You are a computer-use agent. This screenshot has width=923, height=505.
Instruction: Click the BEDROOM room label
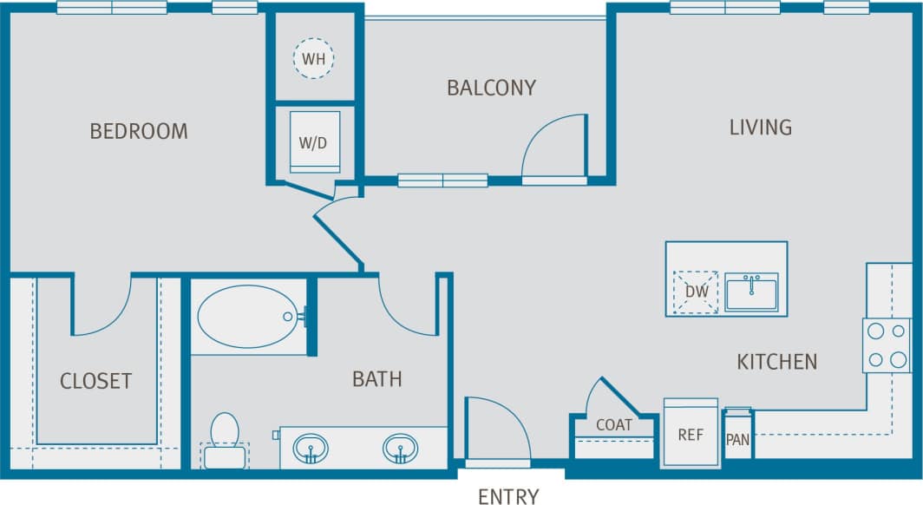[139, 131]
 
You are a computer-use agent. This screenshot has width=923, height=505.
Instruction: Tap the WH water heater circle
[313, 59]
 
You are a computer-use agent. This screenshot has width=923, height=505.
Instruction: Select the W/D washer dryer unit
[313, 141]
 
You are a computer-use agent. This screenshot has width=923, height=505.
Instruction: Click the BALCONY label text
[491, 88]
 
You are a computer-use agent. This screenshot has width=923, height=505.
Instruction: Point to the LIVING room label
[760, 128]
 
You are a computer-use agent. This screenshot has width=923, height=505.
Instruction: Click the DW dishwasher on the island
[697, 292]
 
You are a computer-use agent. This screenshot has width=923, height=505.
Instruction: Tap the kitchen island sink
[752, 291]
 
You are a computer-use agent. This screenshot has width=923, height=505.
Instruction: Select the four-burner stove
[886, 345]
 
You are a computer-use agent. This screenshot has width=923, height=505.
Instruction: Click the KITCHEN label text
[776, 361]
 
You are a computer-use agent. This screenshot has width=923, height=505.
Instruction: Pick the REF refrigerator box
[691, 433]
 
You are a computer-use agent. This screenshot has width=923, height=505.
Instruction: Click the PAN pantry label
[737, 439]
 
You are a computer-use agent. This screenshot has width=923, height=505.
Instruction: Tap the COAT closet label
[613, 425]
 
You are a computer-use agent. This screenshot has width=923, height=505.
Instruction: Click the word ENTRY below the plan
[508, 496]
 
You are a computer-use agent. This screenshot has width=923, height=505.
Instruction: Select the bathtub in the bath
[248, 317]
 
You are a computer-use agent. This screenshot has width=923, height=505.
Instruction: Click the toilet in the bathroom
[225, 438]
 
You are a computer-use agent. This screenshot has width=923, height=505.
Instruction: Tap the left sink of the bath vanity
[311, 449]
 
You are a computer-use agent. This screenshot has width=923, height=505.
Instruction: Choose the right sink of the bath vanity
[400, 449]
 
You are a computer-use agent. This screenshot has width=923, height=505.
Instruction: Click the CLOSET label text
[95, 381]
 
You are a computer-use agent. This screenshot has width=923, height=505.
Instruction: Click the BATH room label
[377, 379]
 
